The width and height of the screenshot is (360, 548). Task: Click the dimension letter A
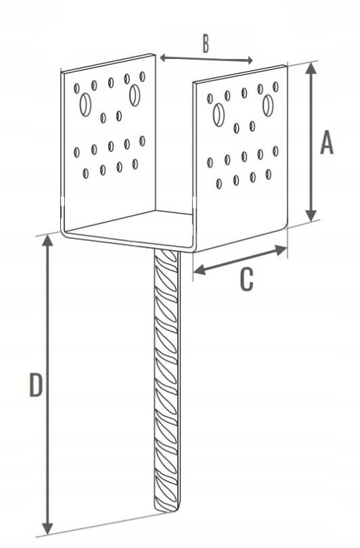[x=326, y=142]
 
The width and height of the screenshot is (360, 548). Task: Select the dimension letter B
[x=206, y=44]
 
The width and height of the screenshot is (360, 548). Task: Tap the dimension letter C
[x=246, y=279]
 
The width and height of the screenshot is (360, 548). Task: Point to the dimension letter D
[x=36, y=385]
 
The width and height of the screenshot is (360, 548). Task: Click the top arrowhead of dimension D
[x=47, y=241]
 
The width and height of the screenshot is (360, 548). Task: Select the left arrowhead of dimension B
[x=164, y=58]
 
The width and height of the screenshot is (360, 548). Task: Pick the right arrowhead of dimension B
[x=249, y=60]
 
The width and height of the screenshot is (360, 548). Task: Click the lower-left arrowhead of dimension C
[x=199, y=270]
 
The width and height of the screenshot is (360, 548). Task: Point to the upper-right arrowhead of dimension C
[x=281, y=249]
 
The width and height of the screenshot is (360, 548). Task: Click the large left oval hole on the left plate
[x=85, y=105]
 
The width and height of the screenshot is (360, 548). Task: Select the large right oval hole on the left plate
[x=135, y=95]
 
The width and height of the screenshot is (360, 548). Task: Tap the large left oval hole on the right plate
[x=218, y=114]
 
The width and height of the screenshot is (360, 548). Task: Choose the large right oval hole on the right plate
[x=268, y=105]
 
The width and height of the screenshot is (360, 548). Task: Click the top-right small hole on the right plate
[x=276, y=87]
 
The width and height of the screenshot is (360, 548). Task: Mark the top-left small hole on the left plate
[x=77, y=88]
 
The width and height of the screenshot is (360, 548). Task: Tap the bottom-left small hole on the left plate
[x=86, y=173]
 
